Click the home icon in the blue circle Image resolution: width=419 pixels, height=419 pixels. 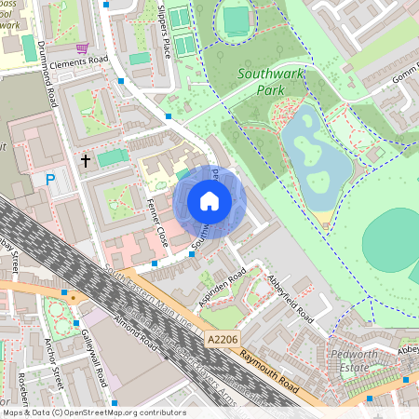(x=209, y=201)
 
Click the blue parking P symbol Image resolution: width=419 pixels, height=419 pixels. (x=49, y=178)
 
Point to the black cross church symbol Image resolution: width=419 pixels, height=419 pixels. (x=86, y=161)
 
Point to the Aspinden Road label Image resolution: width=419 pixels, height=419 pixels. (x=223, y=286)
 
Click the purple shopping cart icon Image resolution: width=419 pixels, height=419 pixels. (x=82, y=47)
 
